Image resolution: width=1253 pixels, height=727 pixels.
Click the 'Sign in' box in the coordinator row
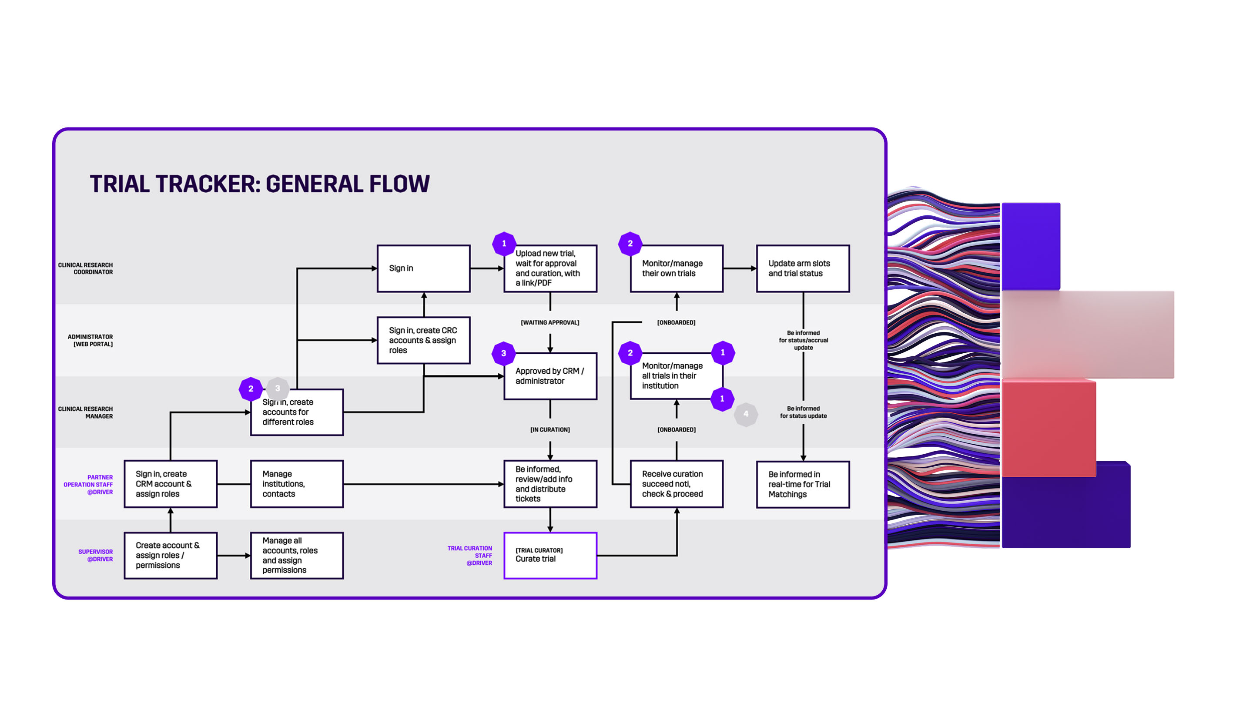click(x=423, y=268)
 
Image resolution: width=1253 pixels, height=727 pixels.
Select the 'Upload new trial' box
click(x=550, y=268)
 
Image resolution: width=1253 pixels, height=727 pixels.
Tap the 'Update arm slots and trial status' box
click(x=803, y=268)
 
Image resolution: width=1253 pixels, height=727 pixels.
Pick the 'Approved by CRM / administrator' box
click(x=550, y=376)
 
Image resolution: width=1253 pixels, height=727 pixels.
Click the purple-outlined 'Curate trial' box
click(x=550, y=555)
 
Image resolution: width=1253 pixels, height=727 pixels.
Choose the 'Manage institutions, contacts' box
click(x=297, y=483)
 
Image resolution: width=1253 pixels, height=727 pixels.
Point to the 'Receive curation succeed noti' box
click(x=676, y=483)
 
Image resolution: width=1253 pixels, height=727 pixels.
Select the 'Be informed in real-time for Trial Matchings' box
click(x=803, y=484)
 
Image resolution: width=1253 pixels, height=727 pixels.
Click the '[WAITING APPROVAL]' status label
click(x=550, y=322)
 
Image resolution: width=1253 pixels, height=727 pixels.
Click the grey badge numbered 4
click(x=745, y=414)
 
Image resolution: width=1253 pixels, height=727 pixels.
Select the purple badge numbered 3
click(x=503, y=353)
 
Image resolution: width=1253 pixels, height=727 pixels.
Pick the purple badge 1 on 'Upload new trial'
click(x=504, y=243)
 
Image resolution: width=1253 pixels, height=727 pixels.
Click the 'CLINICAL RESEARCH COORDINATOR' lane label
click(x=86, y=268)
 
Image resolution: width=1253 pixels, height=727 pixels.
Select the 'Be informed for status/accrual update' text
click(x=803, y=340)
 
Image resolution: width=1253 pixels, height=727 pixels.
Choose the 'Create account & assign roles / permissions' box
click(x=171, y=555)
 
